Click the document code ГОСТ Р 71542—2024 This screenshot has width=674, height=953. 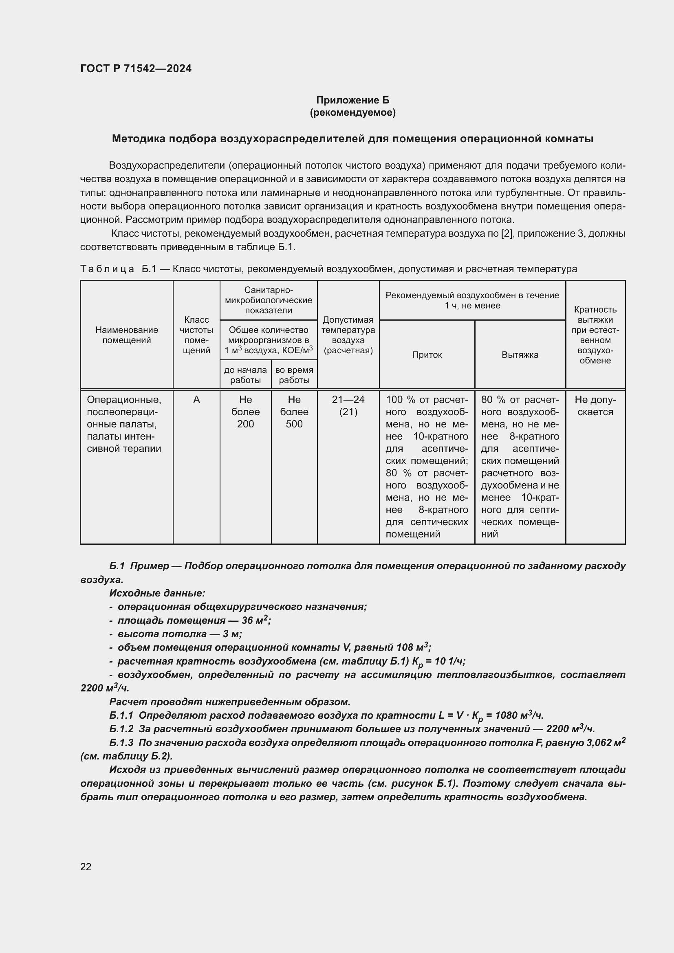[x=136, y=68]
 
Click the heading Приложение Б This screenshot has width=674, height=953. [x=352, y=100]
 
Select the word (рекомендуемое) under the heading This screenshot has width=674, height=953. [x=352, y=112]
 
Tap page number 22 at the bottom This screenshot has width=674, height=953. [x=86, y=867]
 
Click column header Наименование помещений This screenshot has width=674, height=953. [x=127, y=335]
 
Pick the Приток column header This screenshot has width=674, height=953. [x=427, y=355]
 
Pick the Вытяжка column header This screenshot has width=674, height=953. [x=520, y=355]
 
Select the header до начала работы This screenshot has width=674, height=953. [x=245, y=375]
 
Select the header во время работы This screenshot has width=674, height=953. [x=294, y=375]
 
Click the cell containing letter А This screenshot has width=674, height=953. [x=196, y=400]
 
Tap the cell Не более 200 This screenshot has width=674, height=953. [x=245, y=412]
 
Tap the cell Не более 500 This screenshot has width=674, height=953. [x=294, y=412]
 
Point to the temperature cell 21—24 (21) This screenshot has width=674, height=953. [x=348, y=405]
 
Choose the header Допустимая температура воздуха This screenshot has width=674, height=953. [x=348, y=335]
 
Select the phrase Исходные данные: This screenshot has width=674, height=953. [x=157, y=594]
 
